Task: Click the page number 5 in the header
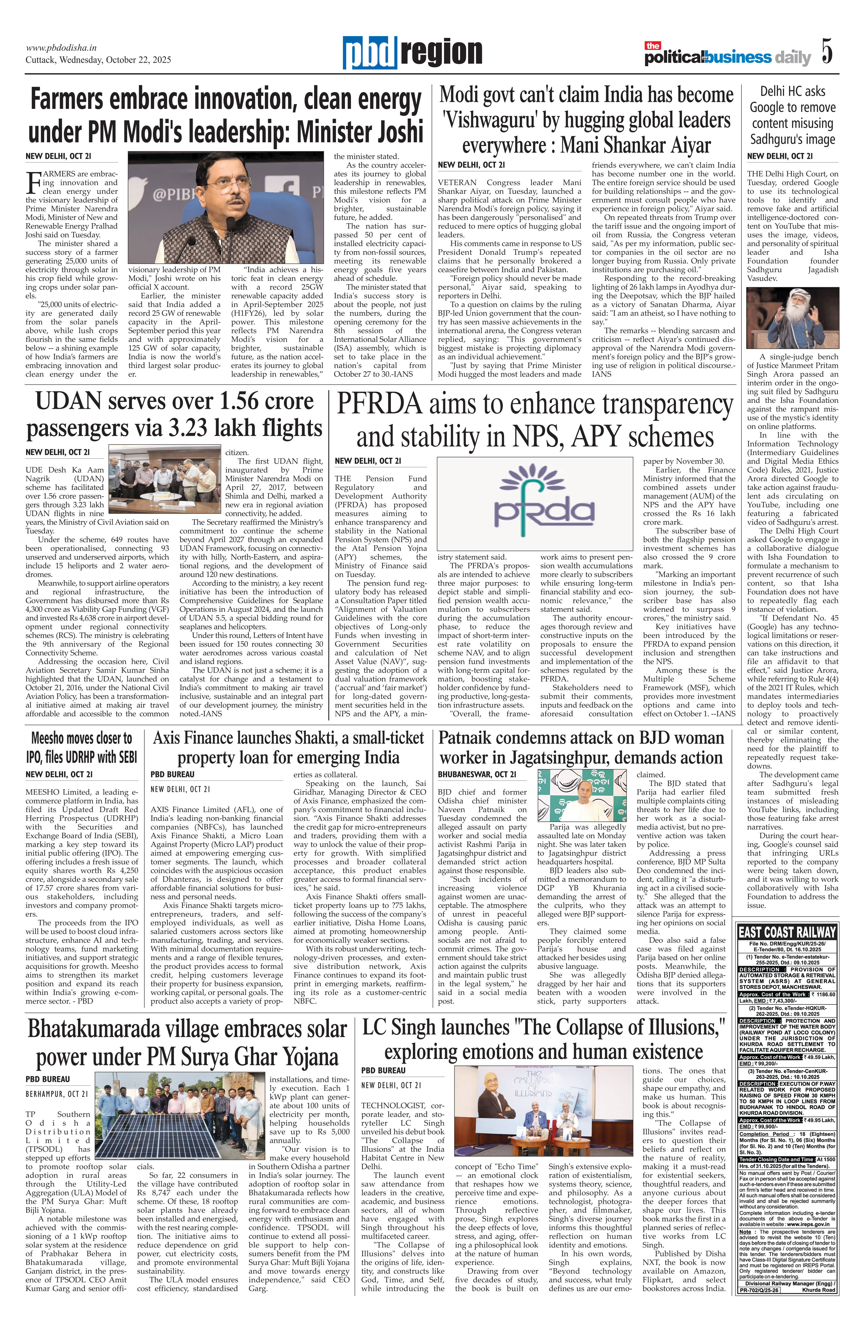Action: click(827, 51)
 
